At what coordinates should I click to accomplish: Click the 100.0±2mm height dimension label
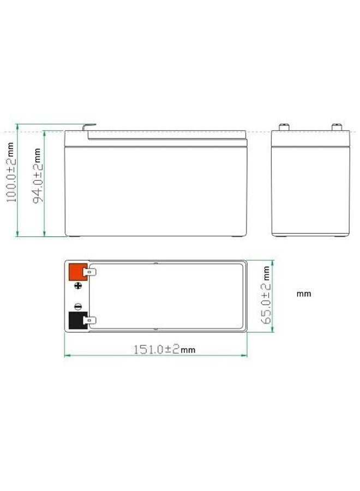point(10,172)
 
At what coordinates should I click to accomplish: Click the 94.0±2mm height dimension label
point(37,175)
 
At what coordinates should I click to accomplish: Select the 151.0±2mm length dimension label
point(165,349)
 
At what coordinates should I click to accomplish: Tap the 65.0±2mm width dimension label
point(266,295)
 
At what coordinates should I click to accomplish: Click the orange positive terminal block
point(77,272)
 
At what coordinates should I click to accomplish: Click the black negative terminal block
point(77,320)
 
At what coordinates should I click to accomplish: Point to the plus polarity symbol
point(78,285)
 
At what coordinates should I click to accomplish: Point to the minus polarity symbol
point(78,307)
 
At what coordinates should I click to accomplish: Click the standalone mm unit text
point(304,294)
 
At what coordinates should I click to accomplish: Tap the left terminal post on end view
point(284,127)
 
